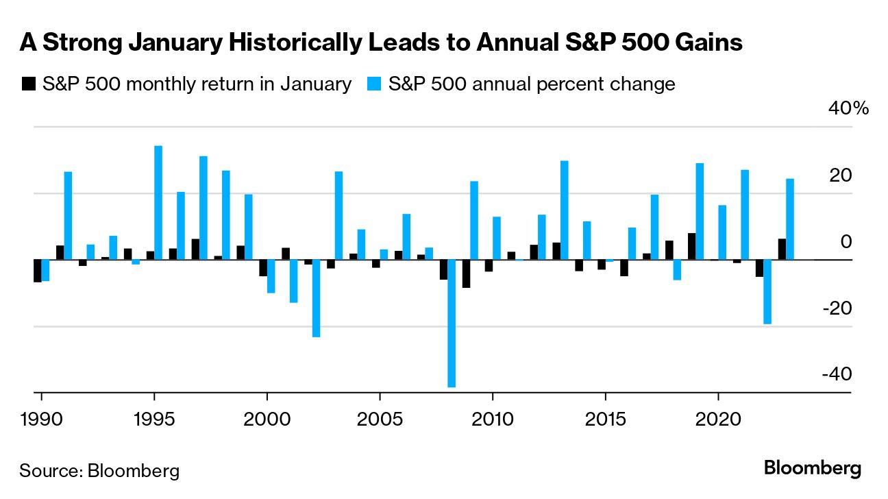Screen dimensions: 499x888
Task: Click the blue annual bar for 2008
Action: [452, 324]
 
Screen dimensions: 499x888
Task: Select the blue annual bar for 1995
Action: [158, 203]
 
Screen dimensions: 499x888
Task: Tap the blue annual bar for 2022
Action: [767, 291]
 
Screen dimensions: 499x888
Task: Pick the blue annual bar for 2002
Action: [316, 298]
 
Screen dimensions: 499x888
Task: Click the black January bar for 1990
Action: [38, 271]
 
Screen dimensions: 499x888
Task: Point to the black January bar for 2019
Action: [691, 247]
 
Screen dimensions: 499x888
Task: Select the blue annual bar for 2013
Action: [564, 210]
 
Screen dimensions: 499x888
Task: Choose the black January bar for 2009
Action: [466, 273]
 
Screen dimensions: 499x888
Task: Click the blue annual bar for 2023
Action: [790, 219]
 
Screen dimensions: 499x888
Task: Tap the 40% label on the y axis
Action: [850, 108]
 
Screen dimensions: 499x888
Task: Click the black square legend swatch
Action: [29, 84]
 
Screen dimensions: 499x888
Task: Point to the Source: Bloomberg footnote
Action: [99, 471]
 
